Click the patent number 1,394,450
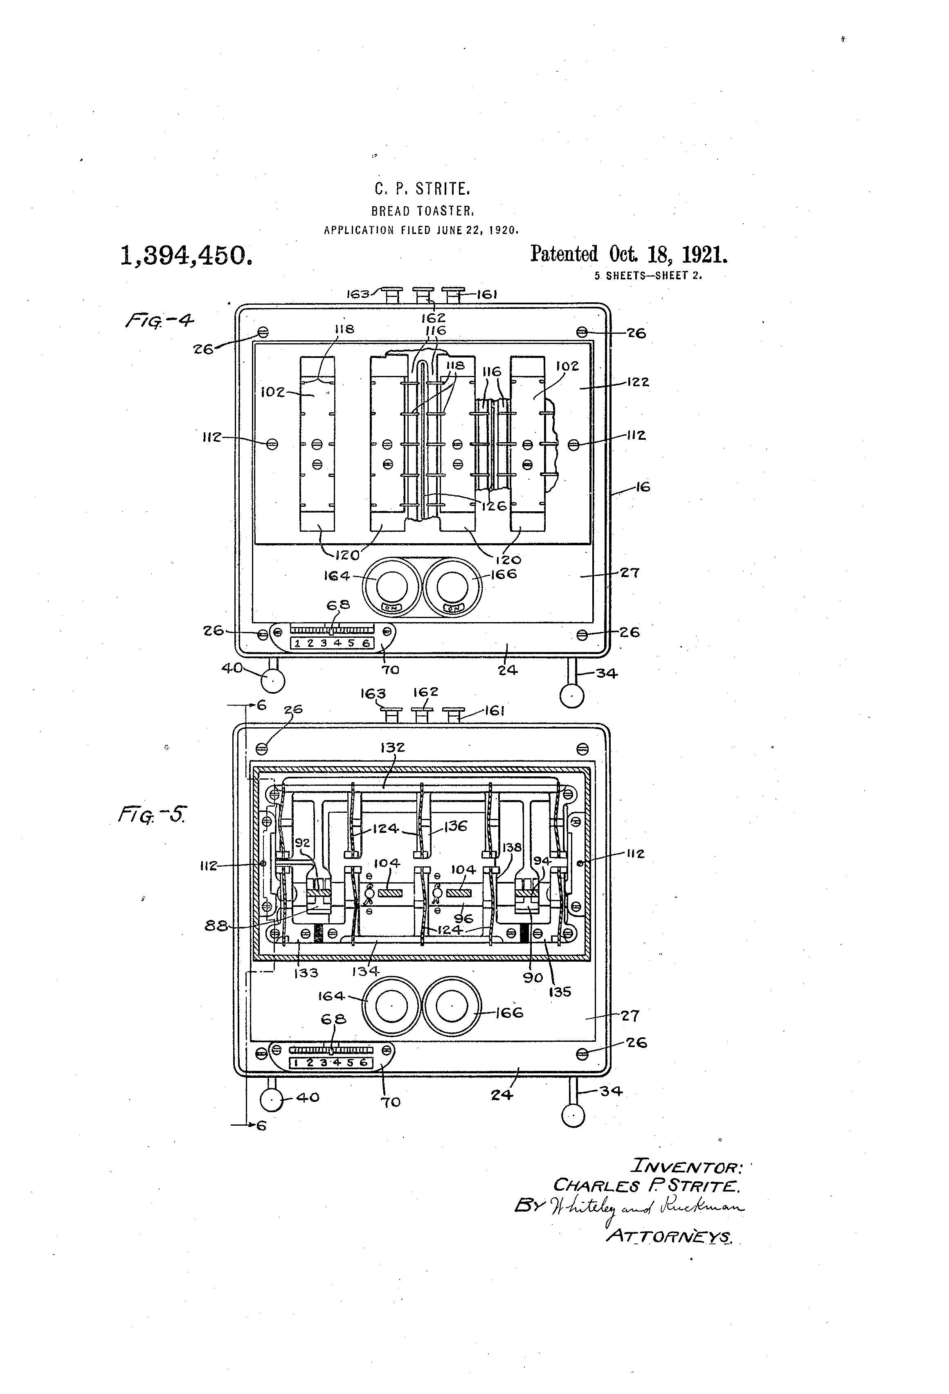(x=187, y=256)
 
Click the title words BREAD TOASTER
(x=423, y=211)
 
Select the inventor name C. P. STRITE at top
(x=422, y=189)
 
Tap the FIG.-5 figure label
(x=152, y=814)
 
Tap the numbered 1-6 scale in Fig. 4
(x=332, y=643)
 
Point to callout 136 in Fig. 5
(x=455, y=826)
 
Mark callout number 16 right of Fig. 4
(x=643, y=487)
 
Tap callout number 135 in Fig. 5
(x=559, y=992)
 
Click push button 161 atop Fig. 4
(x=453, y=294)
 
